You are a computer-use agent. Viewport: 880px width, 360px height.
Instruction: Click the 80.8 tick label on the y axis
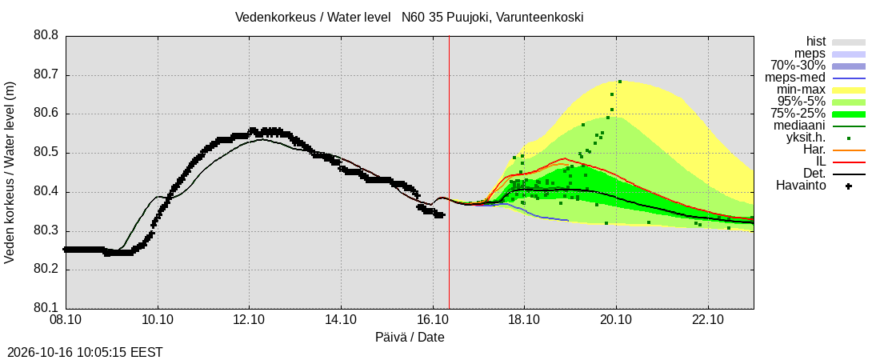coord(46,36)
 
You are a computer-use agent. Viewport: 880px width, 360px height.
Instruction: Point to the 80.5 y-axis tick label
coord(46,153)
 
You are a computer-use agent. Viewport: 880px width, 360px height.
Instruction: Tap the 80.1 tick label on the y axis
coord(46,308)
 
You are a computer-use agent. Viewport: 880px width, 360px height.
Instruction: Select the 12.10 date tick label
coord(249,320)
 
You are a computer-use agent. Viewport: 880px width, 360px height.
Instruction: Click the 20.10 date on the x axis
coord(616,320)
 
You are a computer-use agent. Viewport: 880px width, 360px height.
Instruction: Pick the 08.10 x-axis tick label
coord(66,320)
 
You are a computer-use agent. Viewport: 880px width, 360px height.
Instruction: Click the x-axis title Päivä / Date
coord(410,338)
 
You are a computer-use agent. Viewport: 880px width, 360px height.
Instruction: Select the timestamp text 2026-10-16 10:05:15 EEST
coord(82,353)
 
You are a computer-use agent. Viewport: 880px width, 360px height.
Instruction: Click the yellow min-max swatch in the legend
coord(849,90)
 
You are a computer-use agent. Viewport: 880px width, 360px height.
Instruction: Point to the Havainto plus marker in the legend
coord(849,186)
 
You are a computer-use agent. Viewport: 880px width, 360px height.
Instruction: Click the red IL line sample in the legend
coord(849,162)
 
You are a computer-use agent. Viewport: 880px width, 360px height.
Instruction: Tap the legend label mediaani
coord(800,126)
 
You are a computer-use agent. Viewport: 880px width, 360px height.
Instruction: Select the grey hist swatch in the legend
coord(849,42)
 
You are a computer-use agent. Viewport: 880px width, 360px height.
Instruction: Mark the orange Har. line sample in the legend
coord(849,150)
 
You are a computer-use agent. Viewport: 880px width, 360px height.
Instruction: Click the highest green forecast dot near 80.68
coord(620,82)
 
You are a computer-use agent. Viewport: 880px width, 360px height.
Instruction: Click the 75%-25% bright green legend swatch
coord(849,114)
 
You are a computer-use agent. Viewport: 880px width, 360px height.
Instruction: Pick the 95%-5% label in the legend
coord(802,102)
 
